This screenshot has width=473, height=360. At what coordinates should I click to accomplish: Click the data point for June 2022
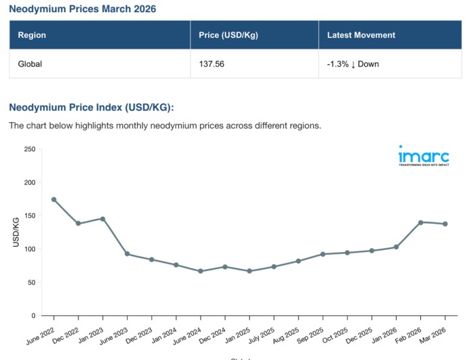click(53, 199)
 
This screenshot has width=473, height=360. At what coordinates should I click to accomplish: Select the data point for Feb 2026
click(420, 222)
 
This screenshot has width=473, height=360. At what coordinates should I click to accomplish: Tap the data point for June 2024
click(200, 271)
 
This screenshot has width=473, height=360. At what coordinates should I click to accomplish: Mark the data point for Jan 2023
click(103, 219)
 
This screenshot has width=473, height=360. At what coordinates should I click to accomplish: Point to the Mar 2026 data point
click(445, 224)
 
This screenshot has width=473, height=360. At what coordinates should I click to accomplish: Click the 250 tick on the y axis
click(29, 149)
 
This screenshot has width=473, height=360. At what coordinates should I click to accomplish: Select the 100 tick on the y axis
click(29, 249)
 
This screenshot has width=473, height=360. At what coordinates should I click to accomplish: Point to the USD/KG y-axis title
click(16, 232)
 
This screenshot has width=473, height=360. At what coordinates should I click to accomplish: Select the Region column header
click(32, 35)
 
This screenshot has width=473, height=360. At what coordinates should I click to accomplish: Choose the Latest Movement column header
click(361, 35)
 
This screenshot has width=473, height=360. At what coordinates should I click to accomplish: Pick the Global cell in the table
click(30, 64)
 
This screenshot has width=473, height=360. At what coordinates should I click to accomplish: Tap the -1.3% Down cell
click(353, 64)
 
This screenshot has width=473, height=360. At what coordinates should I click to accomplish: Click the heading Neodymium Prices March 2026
click(82, 9)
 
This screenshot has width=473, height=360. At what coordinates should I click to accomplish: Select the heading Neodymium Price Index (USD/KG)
click(91, 107)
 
